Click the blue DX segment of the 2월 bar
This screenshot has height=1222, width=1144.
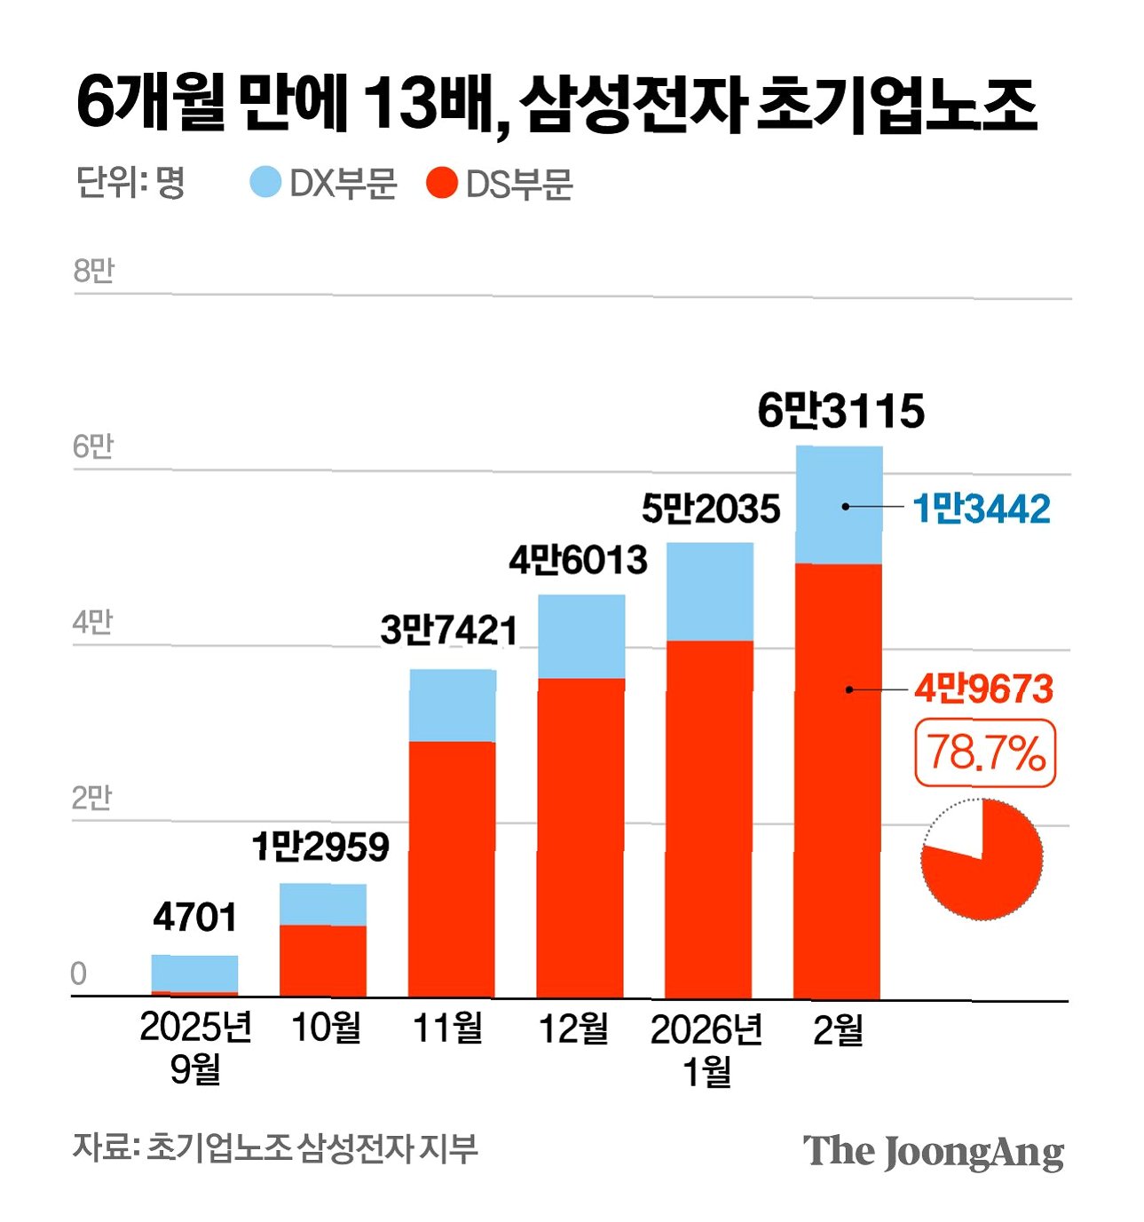(x=839, y=505)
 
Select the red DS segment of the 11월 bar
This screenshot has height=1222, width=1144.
(x=452, y=869)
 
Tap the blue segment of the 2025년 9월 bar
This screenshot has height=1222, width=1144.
(x=194, y=973)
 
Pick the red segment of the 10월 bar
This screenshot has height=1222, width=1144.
(x=323, y=961)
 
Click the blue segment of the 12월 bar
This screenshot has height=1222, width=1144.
(x=581, y=636)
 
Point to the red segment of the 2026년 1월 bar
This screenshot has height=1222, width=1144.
(x=709, y=819)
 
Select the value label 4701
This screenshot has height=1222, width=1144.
(x=194, y=918)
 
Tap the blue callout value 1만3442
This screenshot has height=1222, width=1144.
(x=981, y=509)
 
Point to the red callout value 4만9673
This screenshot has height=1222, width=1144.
(x=982, y=689)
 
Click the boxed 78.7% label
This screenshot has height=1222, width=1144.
(x=985, y=753)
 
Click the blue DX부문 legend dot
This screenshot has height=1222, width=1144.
(x=265, y=182)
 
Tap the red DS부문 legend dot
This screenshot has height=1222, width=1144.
(x=442, y=183)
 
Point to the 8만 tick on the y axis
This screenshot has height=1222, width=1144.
(x=93, y=270)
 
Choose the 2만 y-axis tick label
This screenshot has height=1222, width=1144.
(x=91, y=798)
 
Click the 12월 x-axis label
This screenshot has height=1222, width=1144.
(x=573, y=1029)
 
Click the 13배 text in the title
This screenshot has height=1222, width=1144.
(x=428, y=105)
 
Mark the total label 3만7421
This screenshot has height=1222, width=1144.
(x=449, y=631)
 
